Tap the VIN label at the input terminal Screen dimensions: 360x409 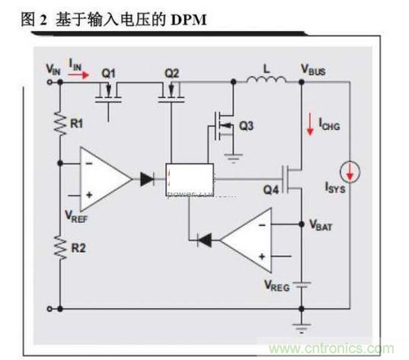click(53, 69)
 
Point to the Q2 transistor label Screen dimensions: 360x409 click(171, 73)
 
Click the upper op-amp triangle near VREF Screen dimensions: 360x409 click(106, 180)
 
